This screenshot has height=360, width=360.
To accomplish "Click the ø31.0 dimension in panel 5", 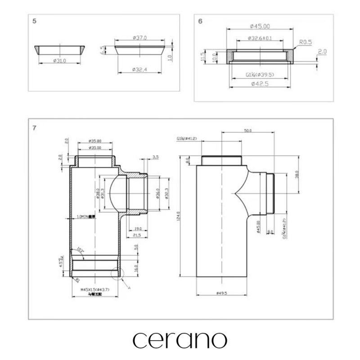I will coord(59,61).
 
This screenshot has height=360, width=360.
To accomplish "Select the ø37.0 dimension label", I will coord(140,38).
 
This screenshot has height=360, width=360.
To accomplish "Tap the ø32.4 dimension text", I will coord(140,69).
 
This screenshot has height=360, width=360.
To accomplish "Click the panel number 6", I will coord(200,21).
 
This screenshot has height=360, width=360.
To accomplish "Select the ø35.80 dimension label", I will coord(94,141).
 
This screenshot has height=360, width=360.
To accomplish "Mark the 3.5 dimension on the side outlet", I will coord(156,157).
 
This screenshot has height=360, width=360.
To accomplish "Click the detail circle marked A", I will coord(116,274).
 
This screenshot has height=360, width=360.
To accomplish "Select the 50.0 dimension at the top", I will coord(248,131).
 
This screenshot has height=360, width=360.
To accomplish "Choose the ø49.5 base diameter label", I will coord(221,293).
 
